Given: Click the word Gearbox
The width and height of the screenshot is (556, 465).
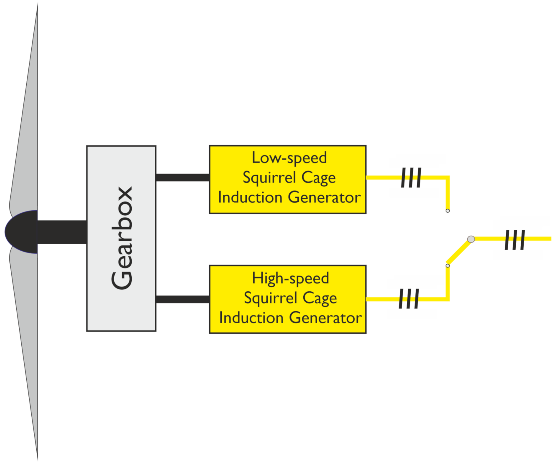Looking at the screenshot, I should pyautogui.click(x=122, y=238).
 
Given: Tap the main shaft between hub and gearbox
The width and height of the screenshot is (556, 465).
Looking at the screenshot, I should pyautogui.click(x=62, y=232).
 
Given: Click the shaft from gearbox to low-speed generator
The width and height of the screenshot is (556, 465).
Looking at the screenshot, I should pyautogui.click(x=182, y=177).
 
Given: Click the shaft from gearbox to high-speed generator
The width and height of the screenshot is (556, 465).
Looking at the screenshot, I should pyautogui.click(x=182, y=299).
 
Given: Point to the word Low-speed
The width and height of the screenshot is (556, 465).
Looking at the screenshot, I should pyautogui.click(x=289, y=158).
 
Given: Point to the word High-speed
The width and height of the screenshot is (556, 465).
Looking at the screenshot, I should pyautogui.click(x=290, y=278).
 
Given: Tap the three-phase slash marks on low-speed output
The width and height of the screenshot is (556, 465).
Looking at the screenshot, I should pyautogui.click(x=411, y=177).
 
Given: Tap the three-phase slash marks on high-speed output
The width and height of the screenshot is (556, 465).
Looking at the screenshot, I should pyautogui.click(x=409, y=299).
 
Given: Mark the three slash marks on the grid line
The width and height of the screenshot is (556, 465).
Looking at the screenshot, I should pyautogui.click(x=515, y=240).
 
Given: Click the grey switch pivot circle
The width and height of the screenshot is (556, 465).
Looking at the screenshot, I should pyautogui.click(x=471, y=239).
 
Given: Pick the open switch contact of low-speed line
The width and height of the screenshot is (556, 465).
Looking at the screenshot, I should pyautogui.click(x=447, y=211).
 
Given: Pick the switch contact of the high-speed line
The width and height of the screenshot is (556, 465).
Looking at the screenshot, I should pyautogui.click(x=447, y=266).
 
